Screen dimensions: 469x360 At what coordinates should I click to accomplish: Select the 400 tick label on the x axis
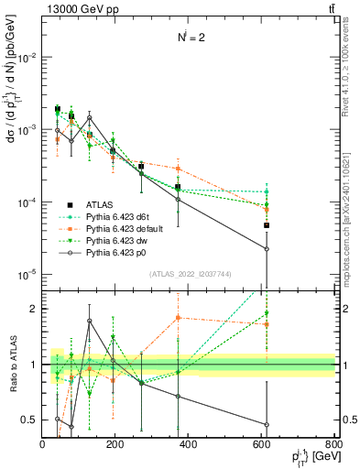(x=189, y=443)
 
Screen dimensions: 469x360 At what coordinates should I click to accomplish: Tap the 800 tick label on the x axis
(x=334, y=443)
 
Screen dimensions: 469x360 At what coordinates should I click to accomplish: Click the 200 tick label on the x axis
(x=115, y=443)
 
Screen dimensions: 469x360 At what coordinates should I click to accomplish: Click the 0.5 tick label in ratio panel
(x=29, y=420)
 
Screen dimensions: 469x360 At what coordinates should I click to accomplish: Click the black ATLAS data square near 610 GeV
(x=267, y=225)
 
